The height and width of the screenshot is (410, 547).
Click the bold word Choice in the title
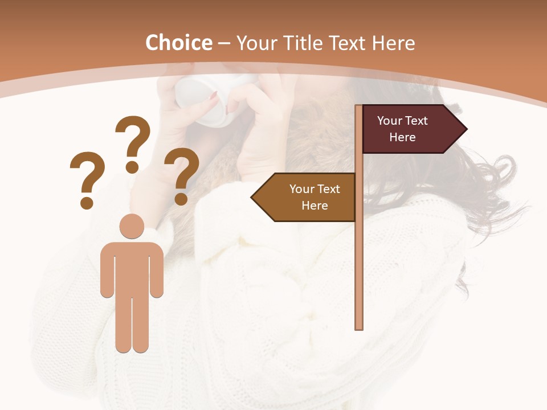pos(178,43)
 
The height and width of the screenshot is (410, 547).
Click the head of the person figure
pos(132,226)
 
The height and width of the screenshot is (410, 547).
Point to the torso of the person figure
pos(132,268)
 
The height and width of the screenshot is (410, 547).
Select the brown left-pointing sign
pos(308,197)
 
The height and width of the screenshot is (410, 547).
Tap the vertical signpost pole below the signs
pos(359,273)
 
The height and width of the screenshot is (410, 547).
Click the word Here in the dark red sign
pos(402,137)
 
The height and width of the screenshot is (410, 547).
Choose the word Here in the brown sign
pos(315,206)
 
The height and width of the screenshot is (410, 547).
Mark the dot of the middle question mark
pos(132,167)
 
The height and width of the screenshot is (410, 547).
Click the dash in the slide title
pos(224,43)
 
